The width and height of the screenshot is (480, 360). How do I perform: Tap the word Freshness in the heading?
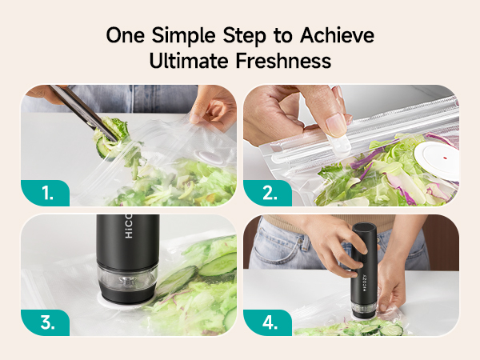click(283, 60)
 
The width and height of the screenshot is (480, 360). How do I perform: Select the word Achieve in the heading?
click(337, 35)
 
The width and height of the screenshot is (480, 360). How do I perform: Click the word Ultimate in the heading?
click(189, 60)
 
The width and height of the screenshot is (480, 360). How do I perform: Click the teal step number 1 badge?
click(46, 193)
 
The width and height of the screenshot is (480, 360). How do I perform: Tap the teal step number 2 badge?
click(267, 193)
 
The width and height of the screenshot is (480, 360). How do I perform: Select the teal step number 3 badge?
click(46, 322)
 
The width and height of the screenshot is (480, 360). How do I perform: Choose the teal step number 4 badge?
click(267, 322)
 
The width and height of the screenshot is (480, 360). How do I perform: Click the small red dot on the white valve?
click(445, 158)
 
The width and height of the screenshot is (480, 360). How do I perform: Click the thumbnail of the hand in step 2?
click(337, 125)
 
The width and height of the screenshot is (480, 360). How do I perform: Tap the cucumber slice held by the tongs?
click(104, 148)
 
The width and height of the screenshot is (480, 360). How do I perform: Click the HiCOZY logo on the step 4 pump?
click(365, 283)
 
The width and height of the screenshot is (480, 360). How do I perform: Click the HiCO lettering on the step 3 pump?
click(129, 226)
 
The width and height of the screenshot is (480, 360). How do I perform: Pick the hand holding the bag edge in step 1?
click(212, 105)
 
